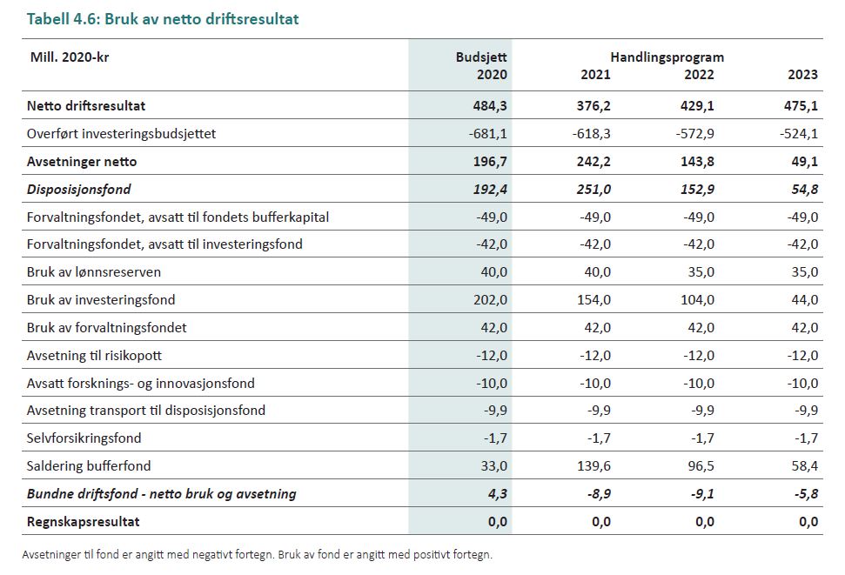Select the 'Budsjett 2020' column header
481,65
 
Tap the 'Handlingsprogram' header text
667,57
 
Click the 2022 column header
699,75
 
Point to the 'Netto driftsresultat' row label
85,105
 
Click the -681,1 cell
489,133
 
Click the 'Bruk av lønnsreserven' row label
93,271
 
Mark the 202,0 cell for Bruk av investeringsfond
490,299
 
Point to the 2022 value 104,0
697,299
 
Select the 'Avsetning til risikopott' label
94,355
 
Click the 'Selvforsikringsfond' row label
84,438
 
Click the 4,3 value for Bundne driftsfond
496,493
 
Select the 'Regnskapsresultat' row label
83,521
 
